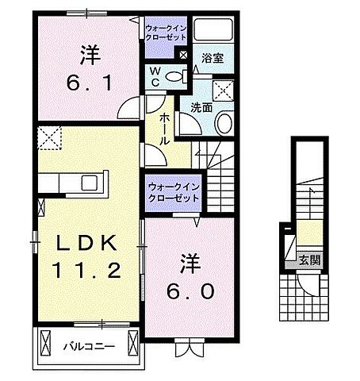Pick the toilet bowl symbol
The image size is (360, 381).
[180, 77]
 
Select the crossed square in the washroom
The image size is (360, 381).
[225, 88]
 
